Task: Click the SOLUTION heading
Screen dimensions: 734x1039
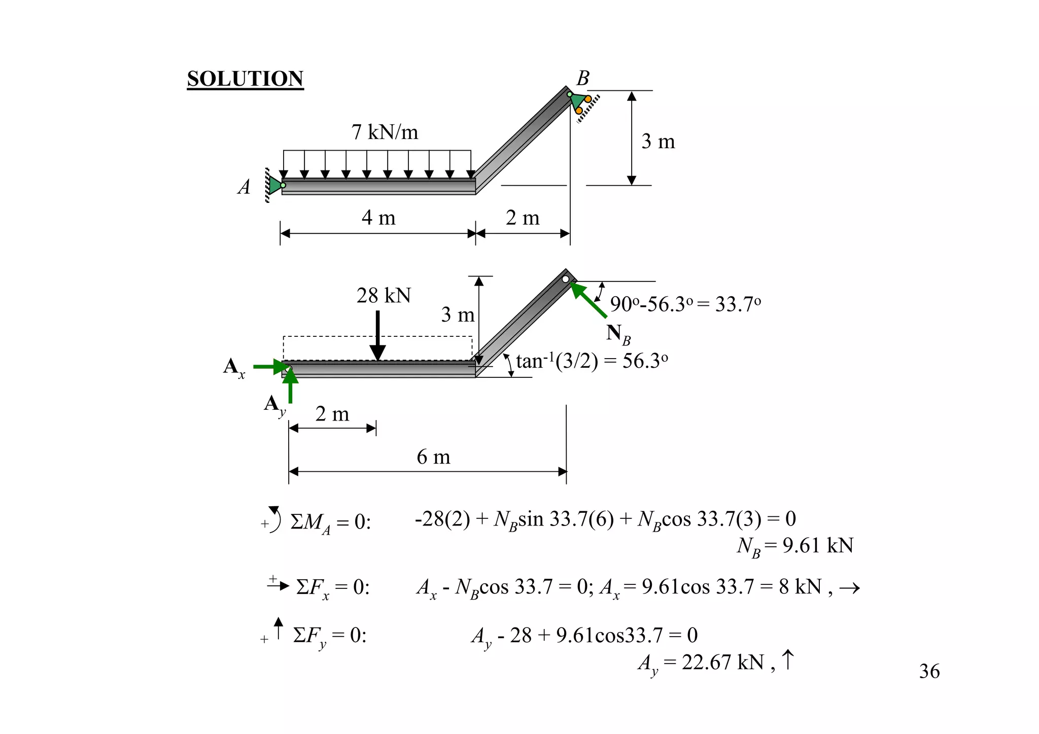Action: [x=245, y=79]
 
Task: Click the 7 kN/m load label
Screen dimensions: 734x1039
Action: [x=385, y=132]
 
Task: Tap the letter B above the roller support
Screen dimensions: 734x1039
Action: [x=583, y=78]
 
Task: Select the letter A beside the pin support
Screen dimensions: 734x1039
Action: [x=244, y=187]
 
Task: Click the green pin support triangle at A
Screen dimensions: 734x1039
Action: [x=274, y=185]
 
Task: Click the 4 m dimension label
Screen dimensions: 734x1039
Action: [x=378, y=218]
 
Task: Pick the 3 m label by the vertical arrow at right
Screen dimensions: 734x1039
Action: [x=658, y=141]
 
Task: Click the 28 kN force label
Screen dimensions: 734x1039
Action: [x=383, y=295]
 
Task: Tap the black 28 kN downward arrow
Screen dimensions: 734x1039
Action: [x=377, y=335]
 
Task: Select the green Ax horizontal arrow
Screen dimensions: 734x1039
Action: [x=269, y=366]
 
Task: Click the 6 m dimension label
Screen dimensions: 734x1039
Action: [x=433, y=457]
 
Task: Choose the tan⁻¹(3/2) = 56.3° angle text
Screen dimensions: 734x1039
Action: [x=592, y=361]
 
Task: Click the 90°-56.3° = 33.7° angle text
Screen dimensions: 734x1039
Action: [x=685, y=304]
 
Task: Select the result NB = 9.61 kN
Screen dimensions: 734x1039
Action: [x=794, y=546]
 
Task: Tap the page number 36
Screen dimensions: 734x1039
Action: [x=929, y=671]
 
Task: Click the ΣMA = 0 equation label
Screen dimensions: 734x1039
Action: [x=330, y=522]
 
